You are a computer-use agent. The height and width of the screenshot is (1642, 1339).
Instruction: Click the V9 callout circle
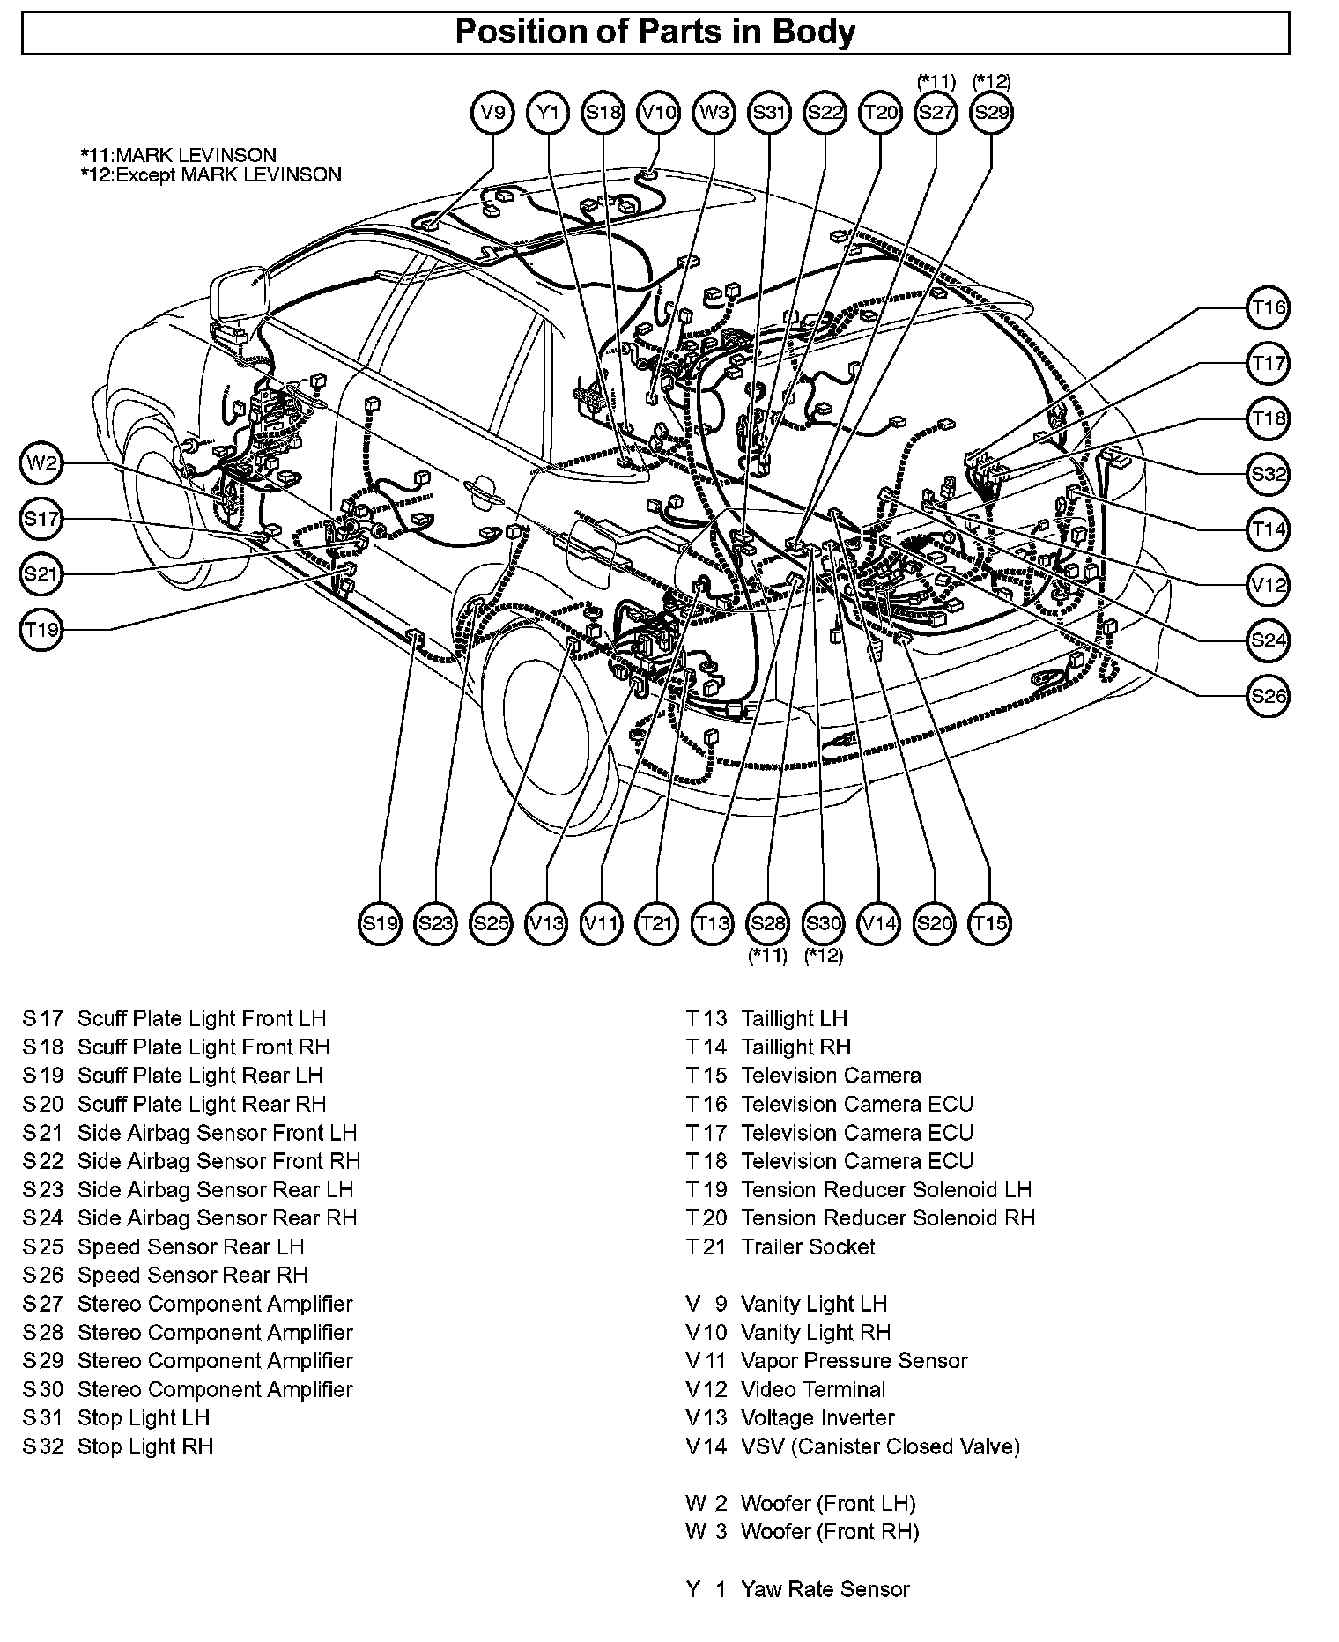pos(492,113)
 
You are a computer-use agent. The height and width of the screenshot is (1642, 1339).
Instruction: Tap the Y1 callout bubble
pos(548,113)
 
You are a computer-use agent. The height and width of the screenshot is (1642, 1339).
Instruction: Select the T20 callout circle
pos(880,113)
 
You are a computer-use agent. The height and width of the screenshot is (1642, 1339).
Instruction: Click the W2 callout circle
pos(41,463)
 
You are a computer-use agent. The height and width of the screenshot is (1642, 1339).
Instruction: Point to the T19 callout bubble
pos(41,630)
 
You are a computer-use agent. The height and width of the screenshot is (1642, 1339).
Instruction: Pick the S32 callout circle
pos(1269,474)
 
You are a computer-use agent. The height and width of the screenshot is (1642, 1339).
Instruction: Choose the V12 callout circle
pos(1269,585)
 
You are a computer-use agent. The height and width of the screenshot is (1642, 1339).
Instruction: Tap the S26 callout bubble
pos(1269,696)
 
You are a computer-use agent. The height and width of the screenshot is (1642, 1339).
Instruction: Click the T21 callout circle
pos(657,923)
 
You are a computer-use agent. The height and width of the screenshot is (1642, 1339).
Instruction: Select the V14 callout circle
pos(879,923)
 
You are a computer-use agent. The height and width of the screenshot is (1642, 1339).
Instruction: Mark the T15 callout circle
pos(990,923)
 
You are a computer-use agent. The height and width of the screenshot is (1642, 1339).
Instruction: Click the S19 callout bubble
pos(381,923)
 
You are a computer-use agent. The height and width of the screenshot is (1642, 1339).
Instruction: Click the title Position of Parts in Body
pos(655,33)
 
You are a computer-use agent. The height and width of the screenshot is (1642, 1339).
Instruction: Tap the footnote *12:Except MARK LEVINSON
pos(211,174)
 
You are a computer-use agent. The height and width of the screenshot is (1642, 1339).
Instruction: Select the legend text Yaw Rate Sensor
pos(825,1589)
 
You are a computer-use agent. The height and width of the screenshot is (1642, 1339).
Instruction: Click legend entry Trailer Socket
pos(808,1246)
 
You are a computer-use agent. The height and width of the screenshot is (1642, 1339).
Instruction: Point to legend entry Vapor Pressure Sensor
pos(854,1361)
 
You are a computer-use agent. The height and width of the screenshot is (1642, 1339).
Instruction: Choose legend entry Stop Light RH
pos(145,1446)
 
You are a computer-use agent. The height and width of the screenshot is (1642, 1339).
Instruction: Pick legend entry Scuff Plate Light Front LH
pos(202,1018)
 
